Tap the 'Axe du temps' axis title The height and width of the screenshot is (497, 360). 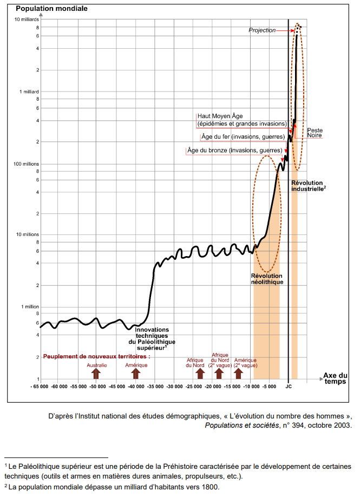[x=335, y=378]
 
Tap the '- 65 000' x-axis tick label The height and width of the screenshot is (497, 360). [x=40, y=387]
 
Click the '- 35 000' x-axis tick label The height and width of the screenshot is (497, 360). [x=155, y=387]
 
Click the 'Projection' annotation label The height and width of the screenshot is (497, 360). [x=262, y=30]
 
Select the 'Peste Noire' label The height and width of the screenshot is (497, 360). [x=315, y=133]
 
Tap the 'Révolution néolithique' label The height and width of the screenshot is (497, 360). [x=267, y=279]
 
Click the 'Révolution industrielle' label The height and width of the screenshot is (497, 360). [x=308, y=186]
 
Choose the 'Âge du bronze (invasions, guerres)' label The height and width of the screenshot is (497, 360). [x=235, y=150]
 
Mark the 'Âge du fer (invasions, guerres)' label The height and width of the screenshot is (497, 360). [x=243, y=136]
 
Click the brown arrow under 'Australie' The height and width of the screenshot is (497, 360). [x=96, y=372]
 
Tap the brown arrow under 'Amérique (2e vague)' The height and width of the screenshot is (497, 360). [x=245, y=372]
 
